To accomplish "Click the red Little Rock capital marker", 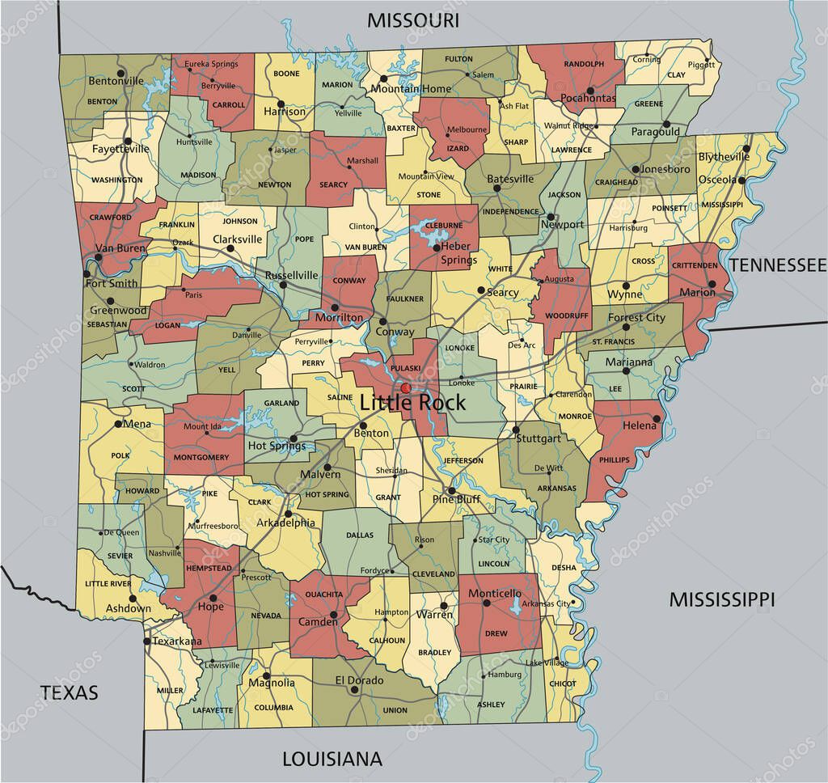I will click(406, 389).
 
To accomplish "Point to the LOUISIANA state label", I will click(332, 758).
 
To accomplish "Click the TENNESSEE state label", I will click(778, 265).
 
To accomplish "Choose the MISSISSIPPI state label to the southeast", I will click(722, 599).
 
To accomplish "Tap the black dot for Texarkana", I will click(146, 641).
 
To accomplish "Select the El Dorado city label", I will click(359, 680).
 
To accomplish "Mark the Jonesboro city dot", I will click(637, 170).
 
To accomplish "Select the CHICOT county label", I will click(563, 684).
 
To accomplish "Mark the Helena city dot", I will click(657, 419).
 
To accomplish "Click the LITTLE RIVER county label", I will click(108, 583).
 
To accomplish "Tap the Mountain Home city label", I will click(411, 88).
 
